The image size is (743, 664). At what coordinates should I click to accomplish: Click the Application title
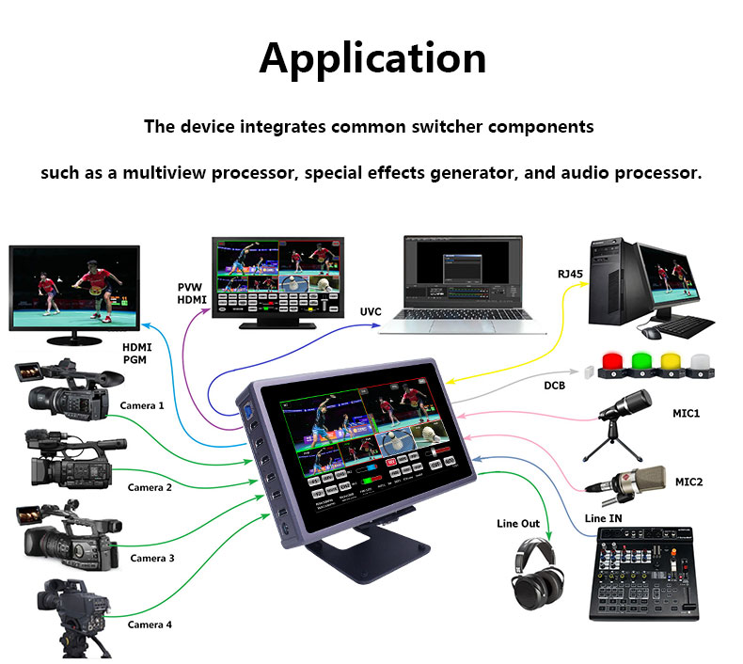click(372, 58)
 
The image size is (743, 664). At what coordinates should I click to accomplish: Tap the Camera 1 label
click(142, 405)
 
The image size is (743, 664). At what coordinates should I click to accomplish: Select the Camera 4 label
click(150, 624)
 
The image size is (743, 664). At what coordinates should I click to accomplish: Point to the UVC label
click(371, 311)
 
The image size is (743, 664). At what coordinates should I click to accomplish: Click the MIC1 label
click(686, 413)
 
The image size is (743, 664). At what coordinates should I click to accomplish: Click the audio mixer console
click(643, 574)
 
